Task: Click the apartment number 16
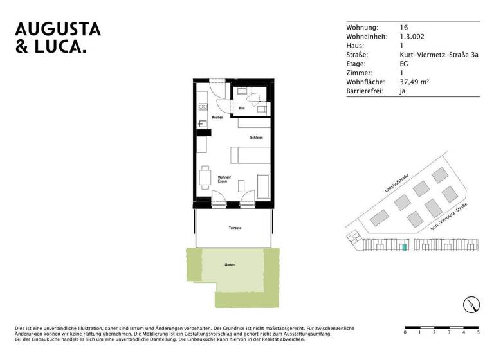tap(403, 28)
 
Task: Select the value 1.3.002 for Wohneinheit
tap(412, 37)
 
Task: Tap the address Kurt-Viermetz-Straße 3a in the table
tap(439, 55)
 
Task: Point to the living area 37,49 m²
tap(414, 82)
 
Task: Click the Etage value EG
tap(404, 64)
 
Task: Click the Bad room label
tap(242, 109)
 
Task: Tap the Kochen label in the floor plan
tap(217, 118)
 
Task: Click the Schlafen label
tap(257, 138)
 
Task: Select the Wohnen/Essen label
tap(223, 179)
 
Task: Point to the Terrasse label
tap(234, 228)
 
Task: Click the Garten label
tap(230, 265)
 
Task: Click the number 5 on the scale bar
tap(479, 332)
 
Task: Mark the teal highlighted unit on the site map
tap(404, 247)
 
